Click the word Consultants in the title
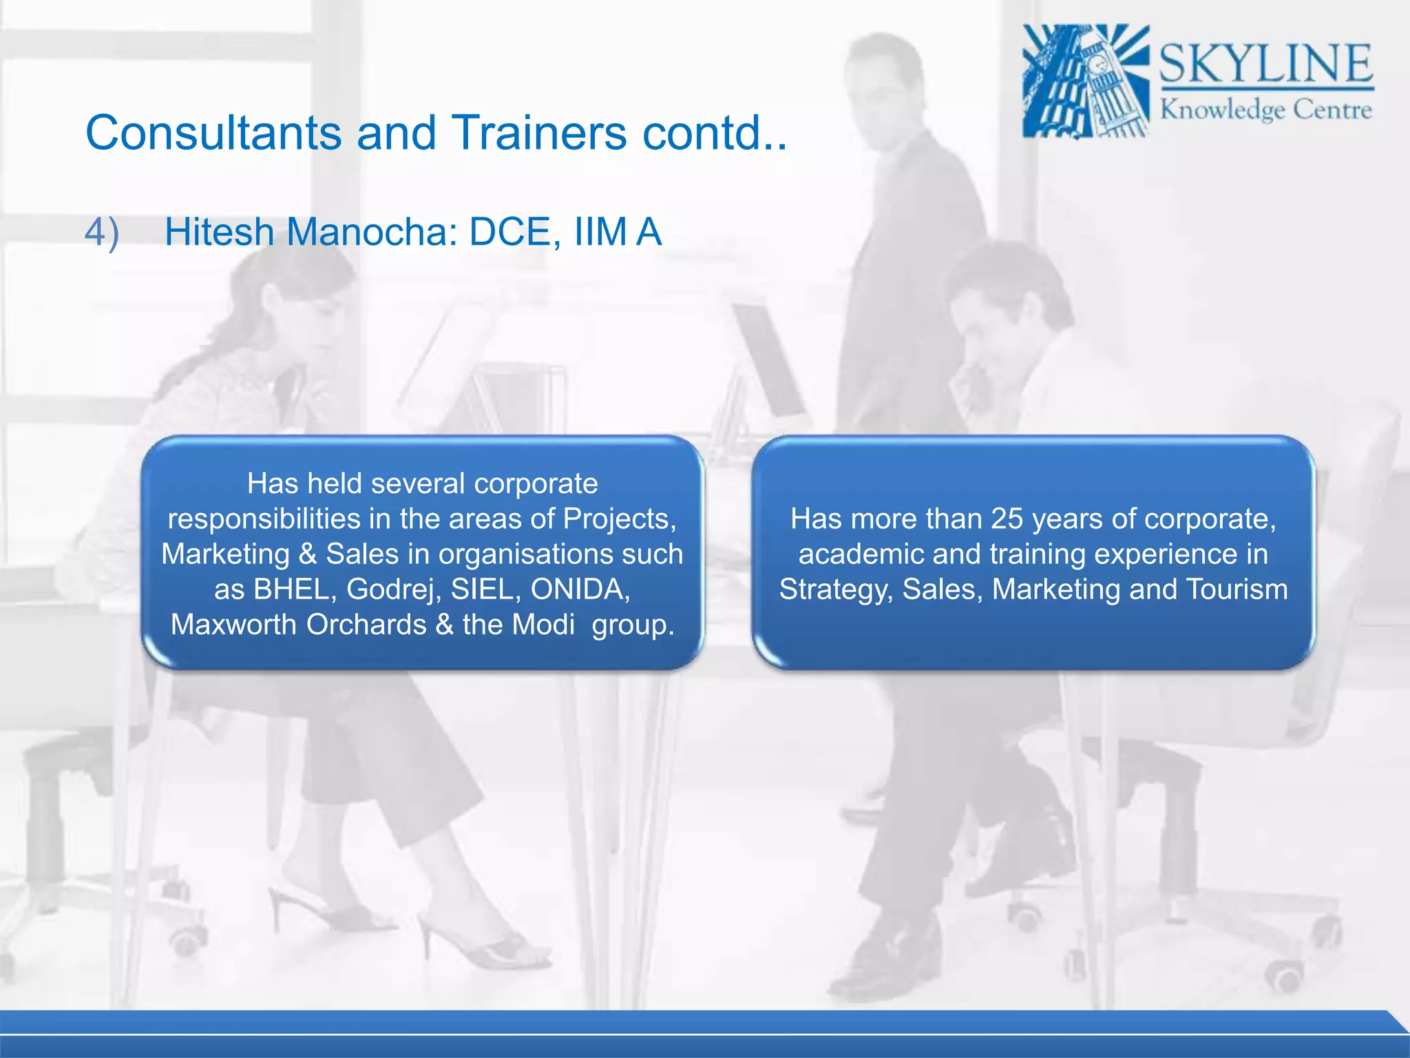pyautogui.click(x=213, y=132)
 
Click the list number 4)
pyautogui.click(x=102, y=231)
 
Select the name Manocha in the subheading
pyautogui.click(x=372, y=231)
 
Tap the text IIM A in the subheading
pyautogui.click(x=617, y=231)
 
